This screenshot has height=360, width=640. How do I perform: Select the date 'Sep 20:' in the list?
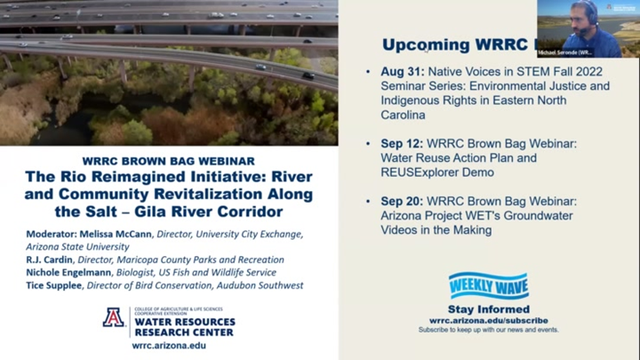(x=398, y=201)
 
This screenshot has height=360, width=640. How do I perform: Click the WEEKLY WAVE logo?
(x=488, y=285)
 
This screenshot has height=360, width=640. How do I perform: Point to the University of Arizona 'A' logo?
(x=114, y=317)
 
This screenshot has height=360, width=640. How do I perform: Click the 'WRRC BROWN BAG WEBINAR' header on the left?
(x=168, y=161)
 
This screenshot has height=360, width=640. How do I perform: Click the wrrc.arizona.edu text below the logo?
(x=168, y=345)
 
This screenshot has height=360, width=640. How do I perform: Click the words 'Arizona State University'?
(x=78, y=246)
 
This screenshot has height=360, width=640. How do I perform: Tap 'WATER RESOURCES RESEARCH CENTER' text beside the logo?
(x=183, y=326)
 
